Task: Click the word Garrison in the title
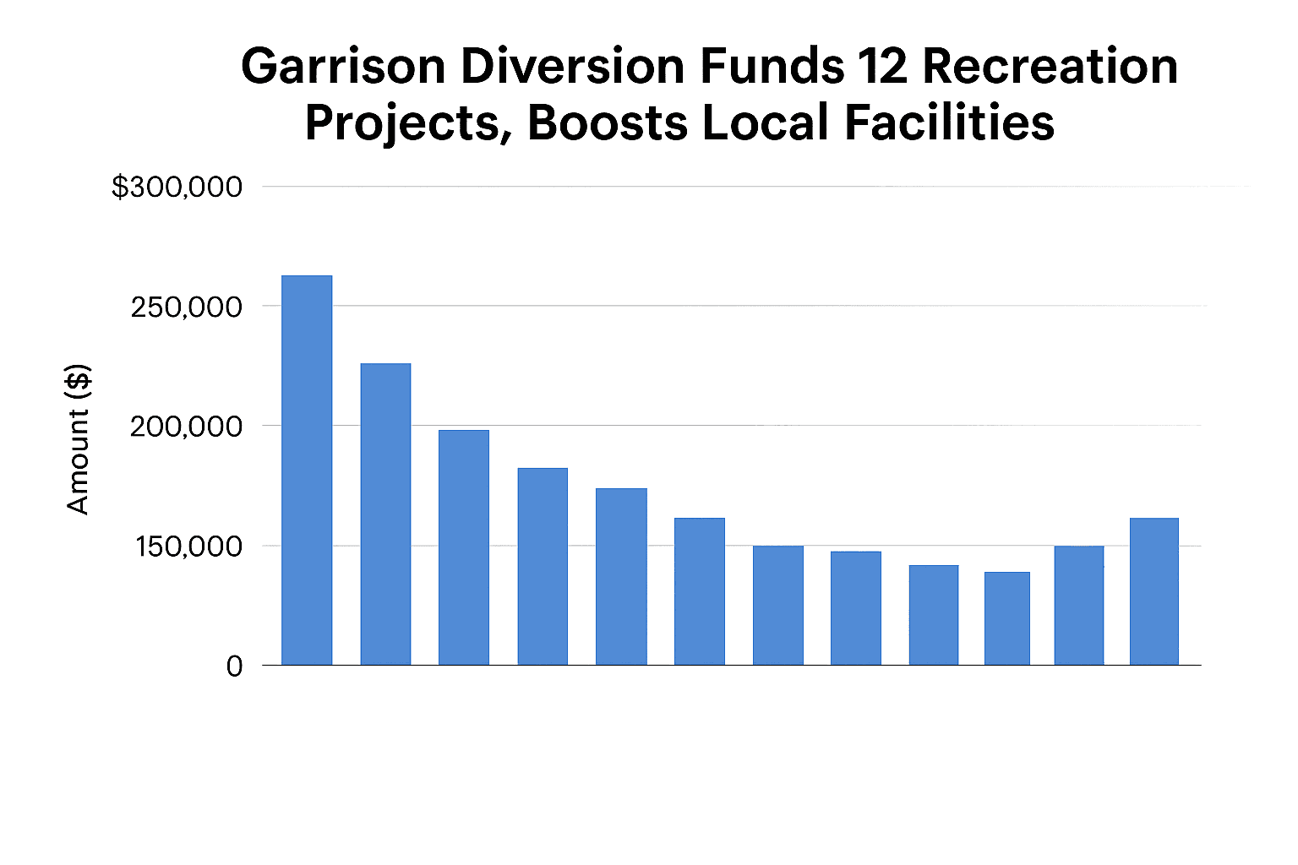(x=343, y=66)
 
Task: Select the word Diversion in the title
(x=572, y=66)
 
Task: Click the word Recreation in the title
(x=1050, y=66)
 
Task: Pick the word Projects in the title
(x=408, y=122)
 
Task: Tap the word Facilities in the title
(x=949, y=122)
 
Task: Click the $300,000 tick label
(x=177, y=187)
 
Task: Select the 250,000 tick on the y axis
(x=186, y=307)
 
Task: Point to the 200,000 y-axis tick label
(x=186, y=427)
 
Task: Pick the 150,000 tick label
(x=188, y=547)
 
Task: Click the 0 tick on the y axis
(x=234, y=666)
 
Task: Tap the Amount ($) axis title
(x=78, y=439)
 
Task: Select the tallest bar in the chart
(x=307, y=471)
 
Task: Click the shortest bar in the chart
(x=1007, y=618)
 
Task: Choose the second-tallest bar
(x=385, y=514)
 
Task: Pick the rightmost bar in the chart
(x=1153, y=591)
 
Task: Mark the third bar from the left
(x=463, y=547)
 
